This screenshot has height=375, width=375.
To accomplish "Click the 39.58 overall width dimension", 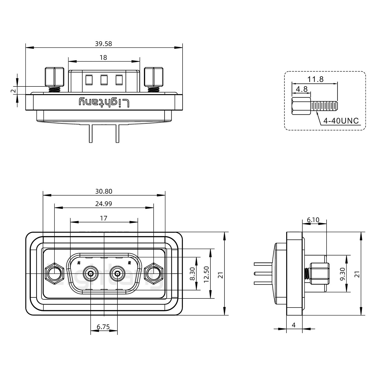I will point(103,44).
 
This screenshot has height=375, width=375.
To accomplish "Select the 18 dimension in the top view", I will point(103,58).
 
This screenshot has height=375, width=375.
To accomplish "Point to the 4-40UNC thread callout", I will point(341,121).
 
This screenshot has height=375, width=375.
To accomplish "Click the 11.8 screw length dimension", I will point(316,79).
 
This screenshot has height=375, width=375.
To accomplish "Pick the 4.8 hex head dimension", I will point(302,89).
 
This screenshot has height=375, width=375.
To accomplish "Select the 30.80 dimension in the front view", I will point(104,191).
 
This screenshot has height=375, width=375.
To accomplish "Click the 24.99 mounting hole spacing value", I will point(103,204).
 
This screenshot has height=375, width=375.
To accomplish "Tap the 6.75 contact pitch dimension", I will point(103,327).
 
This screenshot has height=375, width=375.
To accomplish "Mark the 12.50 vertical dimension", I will point(207,274).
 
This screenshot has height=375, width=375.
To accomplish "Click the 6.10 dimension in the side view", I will point(313,220).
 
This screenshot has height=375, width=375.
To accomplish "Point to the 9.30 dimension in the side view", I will point(343,274).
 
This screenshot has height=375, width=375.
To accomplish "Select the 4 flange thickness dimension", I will point(294,325).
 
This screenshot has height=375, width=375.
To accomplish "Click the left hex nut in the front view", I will point(54,274).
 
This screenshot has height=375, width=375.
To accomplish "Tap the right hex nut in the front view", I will point(153,274).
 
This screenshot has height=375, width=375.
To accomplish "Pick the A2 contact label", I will point(129,262).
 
